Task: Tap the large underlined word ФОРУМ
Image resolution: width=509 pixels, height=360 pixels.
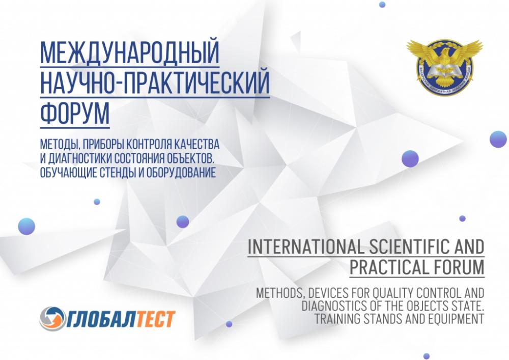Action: (x=75, y=114)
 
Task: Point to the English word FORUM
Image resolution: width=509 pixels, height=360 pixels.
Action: (x=458, y=267)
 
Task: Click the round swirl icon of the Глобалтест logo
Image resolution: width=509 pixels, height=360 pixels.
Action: (x=51, y=318)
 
